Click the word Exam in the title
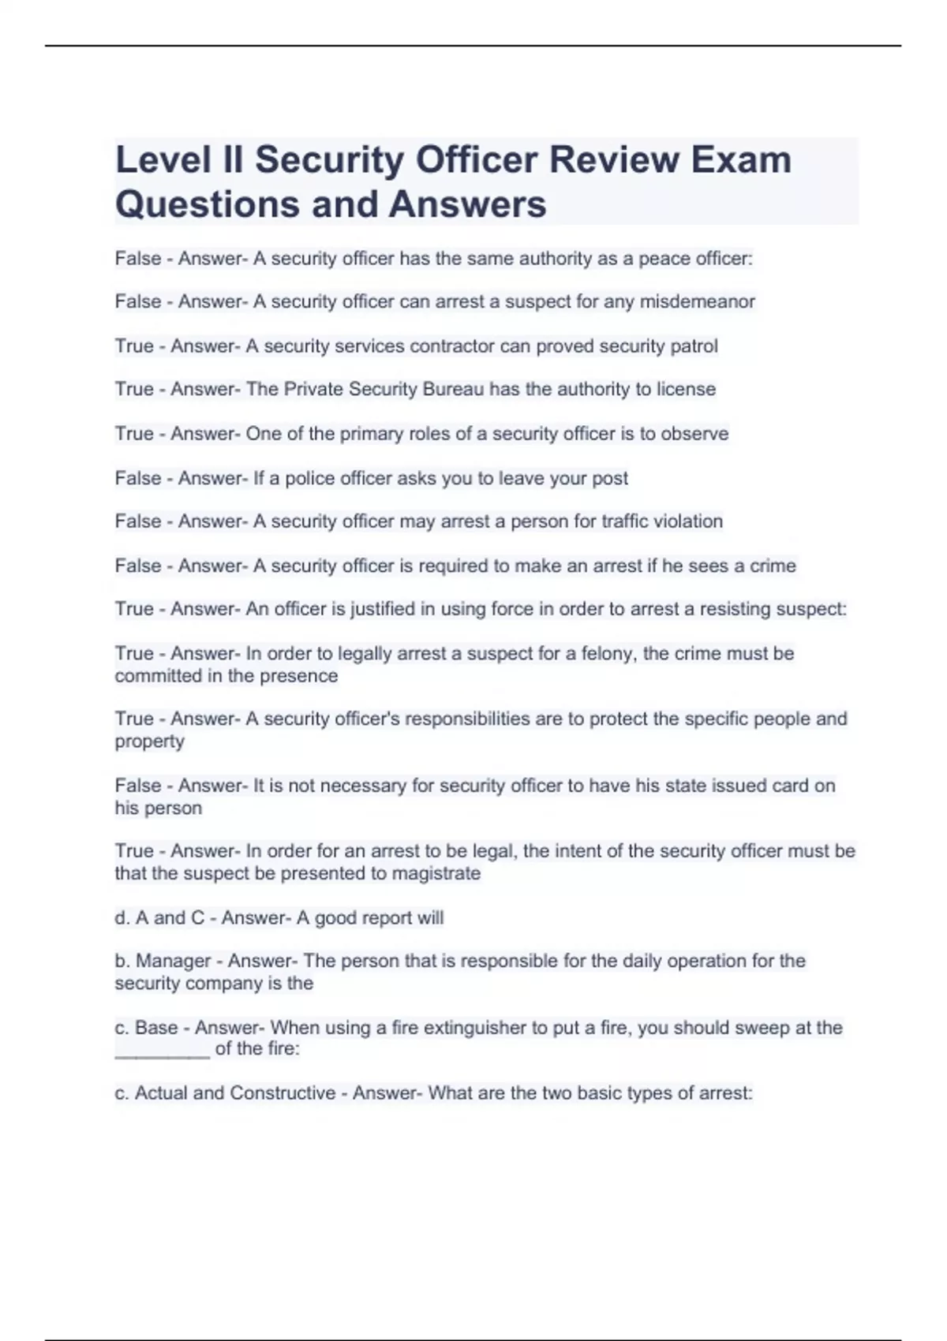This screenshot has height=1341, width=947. pos(741,160)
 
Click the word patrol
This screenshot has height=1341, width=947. pos(694,346)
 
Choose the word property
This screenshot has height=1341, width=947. pos(149,742)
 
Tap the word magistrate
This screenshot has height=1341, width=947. pos(436,874)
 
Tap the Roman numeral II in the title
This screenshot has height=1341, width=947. pos(234,160)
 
